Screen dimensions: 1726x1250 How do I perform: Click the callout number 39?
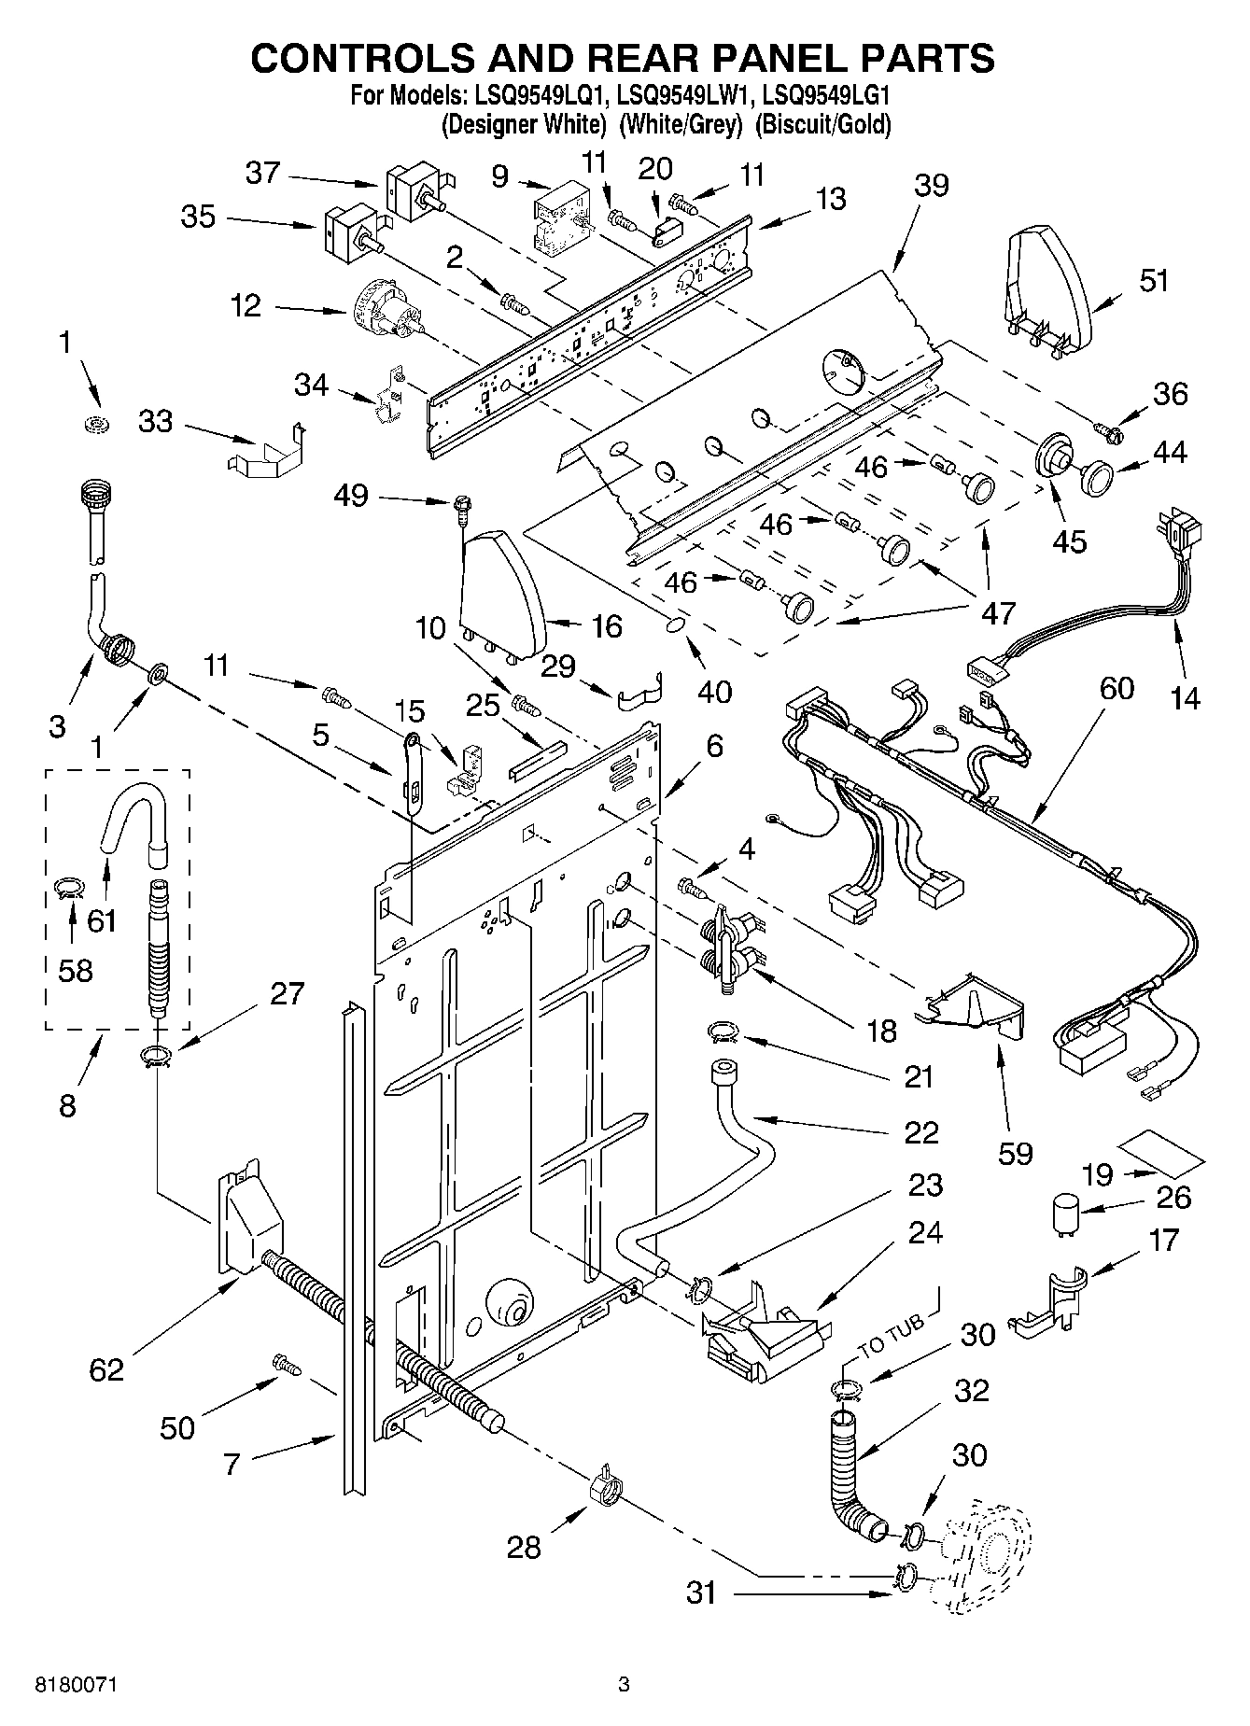click(x=932, y=185)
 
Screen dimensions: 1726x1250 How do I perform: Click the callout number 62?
click(x=106, y=1369)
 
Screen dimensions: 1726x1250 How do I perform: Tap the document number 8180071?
click(x=78, y=1685)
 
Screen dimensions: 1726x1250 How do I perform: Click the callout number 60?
click(x=1117, y=688)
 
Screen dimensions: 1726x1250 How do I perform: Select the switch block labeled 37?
click(x=414, y=190)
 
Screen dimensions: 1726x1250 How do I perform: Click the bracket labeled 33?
click(x=266, y=451)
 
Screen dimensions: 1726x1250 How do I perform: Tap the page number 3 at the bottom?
click(x=624, y=1685)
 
